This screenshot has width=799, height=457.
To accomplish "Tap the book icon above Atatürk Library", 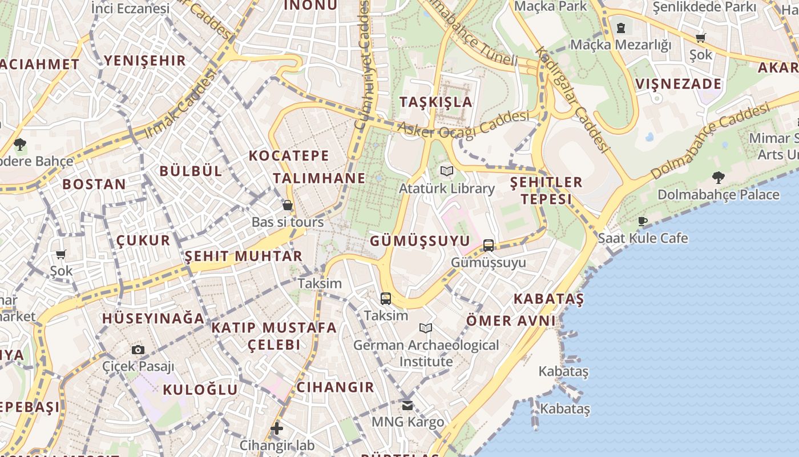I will pos(447,171).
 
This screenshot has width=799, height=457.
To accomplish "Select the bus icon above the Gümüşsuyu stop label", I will pos(489,246).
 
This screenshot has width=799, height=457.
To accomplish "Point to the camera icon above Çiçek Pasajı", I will pos(138,350).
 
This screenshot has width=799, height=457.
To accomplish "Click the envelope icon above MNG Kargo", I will pos(407,406).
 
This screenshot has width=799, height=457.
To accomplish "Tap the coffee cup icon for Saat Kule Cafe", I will pos(643,221).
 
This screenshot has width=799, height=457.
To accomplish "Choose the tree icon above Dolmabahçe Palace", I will pos(718,178).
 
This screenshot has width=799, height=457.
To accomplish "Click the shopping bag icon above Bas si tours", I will pos(288,205).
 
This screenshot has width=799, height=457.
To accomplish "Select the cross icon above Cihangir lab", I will pos(277,428).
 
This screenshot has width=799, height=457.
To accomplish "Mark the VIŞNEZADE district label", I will pos(679,84).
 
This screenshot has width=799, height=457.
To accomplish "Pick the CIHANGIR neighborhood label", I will pos(336,387).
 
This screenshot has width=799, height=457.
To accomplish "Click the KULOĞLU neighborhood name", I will pos(200,390).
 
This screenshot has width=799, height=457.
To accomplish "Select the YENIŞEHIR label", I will pos(145,61).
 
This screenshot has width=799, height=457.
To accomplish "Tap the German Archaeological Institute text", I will pos(426,353).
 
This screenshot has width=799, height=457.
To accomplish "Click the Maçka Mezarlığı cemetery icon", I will pos(621,27).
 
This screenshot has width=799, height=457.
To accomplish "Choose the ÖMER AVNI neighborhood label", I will pos(511,320).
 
